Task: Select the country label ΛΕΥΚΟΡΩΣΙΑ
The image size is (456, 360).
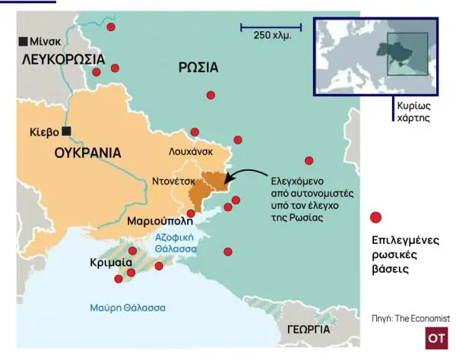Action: tap(62, 58)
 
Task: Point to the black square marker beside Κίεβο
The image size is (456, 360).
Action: tap(67, 131)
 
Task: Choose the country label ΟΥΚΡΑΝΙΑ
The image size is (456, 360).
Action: tap(88, 153)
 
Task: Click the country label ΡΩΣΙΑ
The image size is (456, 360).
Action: tap(198, 68)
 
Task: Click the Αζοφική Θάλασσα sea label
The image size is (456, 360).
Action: tap(176, 243)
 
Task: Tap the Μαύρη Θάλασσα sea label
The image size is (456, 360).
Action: tap(128, 308)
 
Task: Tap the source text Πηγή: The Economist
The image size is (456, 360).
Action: tap(410, 317)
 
